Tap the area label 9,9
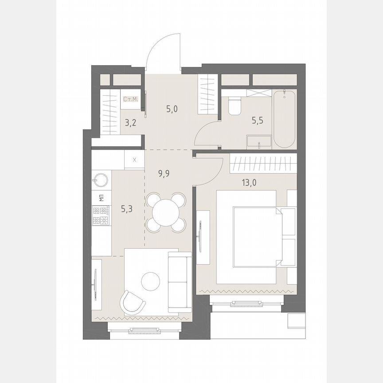coord(164,173)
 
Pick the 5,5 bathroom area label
coord(257,120)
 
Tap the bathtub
coord(285,119)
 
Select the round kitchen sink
coord(101,180)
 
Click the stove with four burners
coord(101,216)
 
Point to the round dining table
coord(166,212)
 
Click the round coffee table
coord(151,280)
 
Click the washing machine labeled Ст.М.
coord(131,100)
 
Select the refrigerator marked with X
coord(135,160)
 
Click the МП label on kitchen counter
coord(101,198)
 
